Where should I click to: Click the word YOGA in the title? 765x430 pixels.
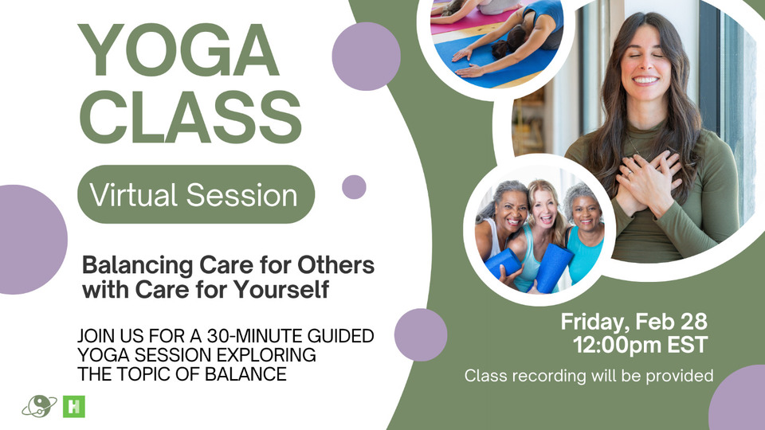[x=178, y=51]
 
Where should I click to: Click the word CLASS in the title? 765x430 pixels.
[x=190, y=118]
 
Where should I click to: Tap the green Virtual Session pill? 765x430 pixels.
[x=196, y=194]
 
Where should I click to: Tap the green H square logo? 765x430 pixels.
[x=73, y=407]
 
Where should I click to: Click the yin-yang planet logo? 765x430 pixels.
[x=39, y=405]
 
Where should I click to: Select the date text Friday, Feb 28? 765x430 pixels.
[x=634, y=322]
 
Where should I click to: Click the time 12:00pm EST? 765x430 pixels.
[x=640, y=345]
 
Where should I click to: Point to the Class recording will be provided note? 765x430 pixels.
[x=589, y=375]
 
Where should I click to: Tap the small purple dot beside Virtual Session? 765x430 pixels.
[x=354, y=186]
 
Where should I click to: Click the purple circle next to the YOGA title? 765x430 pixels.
[x=366, y=56]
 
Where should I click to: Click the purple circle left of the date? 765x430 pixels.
[x=421, y=335]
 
